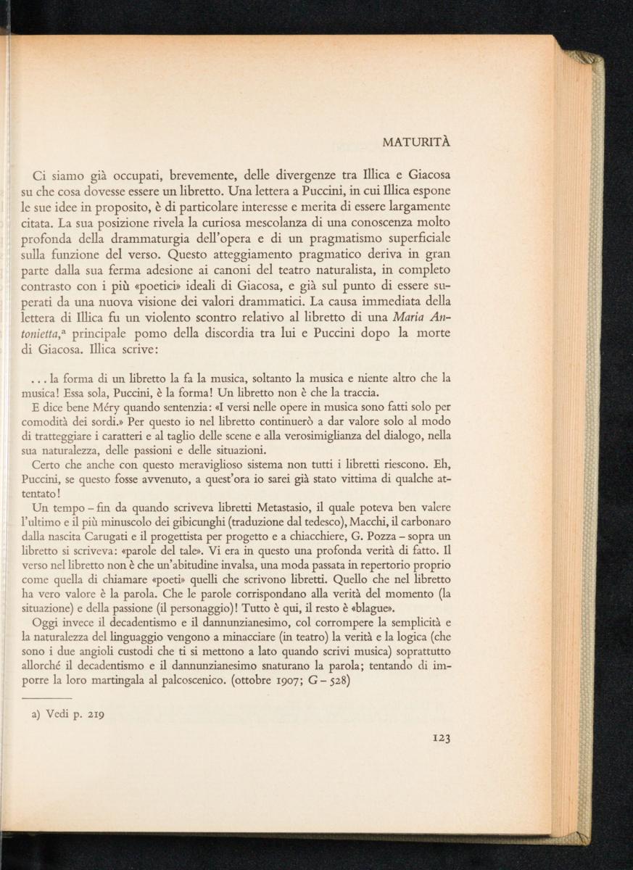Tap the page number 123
[442, 738]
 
